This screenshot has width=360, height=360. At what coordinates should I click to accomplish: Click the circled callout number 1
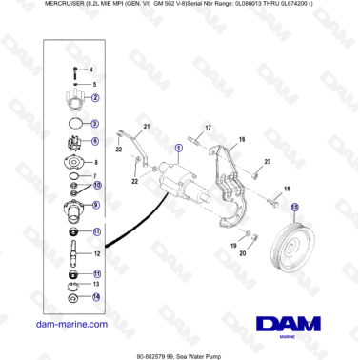[179, 149]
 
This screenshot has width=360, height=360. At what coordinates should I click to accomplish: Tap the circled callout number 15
[295, 207]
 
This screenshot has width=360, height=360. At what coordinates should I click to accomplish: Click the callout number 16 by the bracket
[242, 139]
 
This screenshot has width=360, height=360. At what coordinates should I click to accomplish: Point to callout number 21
[148, 128]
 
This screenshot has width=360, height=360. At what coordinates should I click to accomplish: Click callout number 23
[268, 161]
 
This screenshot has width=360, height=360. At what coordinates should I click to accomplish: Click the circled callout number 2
[96, 99]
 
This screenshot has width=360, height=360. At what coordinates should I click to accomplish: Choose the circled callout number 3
[95, 125]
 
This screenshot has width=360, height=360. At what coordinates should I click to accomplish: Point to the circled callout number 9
[96, 206]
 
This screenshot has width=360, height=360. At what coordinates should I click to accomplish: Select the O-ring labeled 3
[73, 125]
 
